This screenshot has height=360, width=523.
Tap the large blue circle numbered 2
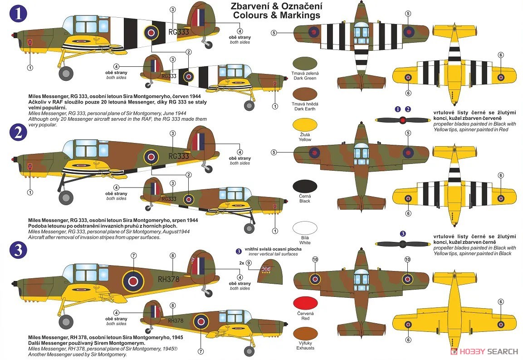(x=18, y=132)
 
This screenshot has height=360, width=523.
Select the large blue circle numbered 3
(x=18, y=250)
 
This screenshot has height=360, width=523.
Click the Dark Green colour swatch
(x=305, y=64)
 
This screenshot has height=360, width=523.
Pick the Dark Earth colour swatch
(x=305, y=94)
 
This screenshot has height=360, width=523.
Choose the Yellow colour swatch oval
(x=305, y=125)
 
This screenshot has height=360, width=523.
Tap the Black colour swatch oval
(x=305, y=187)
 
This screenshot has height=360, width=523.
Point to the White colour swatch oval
(x=305, y=228)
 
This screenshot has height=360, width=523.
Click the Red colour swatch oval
(x=305, y=304)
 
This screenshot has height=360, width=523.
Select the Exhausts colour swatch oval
(x=305, y=334)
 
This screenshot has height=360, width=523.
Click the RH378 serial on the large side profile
(x=168, y=279)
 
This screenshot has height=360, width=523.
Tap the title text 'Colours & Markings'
(x=277, y=15)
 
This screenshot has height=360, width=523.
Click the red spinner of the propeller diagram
(x=403, y=120)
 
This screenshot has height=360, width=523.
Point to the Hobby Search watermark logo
(x=484, y=351)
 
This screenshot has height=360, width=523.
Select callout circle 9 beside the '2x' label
(x=249, y=263)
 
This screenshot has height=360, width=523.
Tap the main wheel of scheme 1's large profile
(x=66, y=74)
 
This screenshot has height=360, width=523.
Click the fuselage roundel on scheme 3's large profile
(x=133, y=281)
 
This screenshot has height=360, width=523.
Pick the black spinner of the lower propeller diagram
(x=403, y=244)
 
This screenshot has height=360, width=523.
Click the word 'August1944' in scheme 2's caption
(x=176, y=232)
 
